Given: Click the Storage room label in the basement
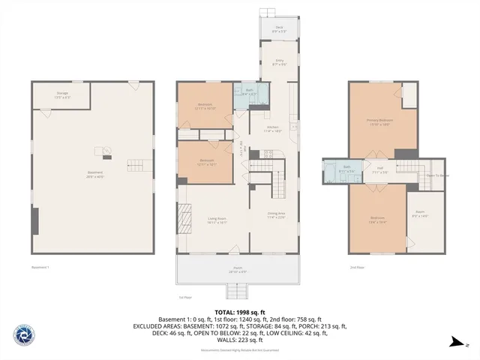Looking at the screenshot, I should coord(62,95).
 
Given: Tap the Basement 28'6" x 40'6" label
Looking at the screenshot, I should coord(95,174).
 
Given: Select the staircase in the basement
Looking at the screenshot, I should coord(133,164).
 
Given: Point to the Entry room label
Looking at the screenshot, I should coord(279,62).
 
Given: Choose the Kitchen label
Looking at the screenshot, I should coord(273,128).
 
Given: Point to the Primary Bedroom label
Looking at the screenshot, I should coord(380,121).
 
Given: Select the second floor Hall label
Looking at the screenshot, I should coord(380,169).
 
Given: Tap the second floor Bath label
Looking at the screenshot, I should coord(347,169).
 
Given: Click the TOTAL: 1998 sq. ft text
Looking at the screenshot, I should coord(239,312).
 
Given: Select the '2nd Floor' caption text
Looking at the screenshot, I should coord(357,267).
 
